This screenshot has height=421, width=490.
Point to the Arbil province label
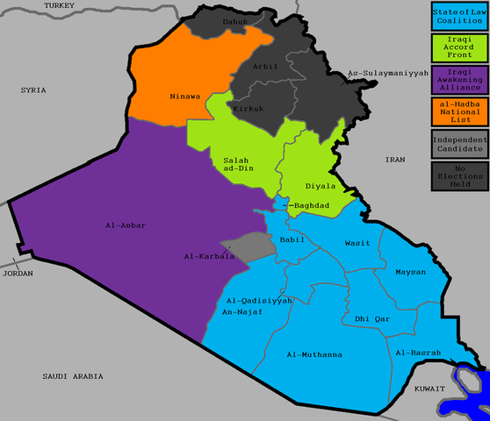coord(264,66)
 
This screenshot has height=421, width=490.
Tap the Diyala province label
coord(321,186)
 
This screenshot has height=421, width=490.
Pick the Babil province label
coord(292,239)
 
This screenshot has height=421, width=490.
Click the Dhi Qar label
coord(372,318)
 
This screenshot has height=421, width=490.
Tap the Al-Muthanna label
coord(314,354)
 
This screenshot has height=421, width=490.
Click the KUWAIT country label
coord(430,387)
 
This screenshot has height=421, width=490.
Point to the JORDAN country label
coord(18,273)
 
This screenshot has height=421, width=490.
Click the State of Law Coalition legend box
coord(458,15)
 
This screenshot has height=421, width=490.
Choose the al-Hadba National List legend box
coord(458,112)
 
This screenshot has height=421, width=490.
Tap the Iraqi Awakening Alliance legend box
coord(458,80)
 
